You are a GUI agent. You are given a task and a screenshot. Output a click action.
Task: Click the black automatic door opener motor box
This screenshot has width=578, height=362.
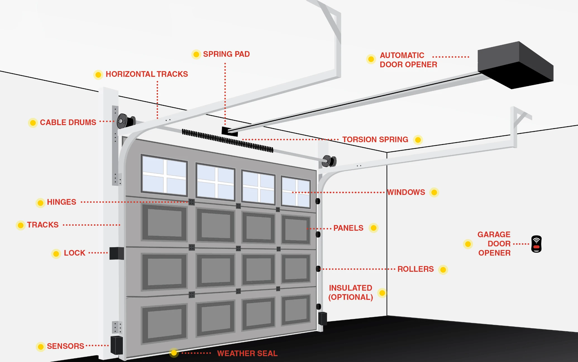click(x=515, y=66)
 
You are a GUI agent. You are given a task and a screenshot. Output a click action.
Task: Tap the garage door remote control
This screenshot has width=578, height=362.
click(x=536, y=244)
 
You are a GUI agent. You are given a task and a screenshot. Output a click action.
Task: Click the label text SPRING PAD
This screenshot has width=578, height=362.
click(x=226, y=54)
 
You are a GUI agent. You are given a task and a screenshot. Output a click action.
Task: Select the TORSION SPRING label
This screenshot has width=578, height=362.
click(x=375, y=139)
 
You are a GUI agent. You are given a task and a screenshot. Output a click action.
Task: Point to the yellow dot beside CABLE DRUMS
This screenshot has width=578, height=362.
click(x=33, y=123)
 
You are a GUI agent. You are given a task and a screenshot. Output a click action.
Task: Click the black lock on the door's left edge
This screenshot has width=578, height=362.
click(x=116, y=253)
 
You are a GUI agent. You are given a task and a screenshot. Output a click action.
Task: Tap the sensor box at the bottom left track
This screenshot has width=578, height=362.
click(x=117, y=345)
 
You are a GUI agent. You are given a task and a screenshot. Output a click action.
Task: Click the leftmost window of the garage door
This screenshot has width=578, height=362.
click(x=164, y=175)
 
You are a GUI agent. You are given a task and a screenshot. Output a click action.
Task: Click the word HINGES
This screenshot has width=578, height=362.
click(x=61, y=202)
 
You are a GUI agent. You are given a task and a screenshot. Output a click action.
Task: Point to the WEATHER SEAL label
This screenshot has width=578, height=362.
click(x=247, y=353)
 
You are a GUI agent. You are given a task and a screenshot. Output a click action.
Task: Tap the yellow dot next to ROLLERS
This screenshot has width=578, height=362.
click(x=443, y=270)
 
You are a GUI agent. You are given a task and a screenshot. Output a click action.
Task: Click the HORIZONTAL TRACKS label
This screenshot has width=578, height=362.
click(x=147, y=74)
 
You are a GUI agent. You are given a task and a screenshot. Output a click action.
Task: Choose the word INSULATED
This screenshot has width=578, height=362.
click(x=350, y=288)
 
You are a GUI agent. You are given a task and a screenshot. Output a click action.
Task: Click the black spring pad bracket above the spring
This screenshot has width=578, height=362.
click(x=230, y=131)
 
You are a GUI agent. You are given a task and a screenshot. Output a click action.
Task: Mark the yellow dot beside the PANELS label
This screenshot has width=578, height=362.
click(x=374, y=228)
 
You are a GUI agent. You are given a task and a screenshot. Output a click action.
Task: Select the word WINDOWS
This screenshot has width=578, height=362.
click(x=406, y=192)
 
